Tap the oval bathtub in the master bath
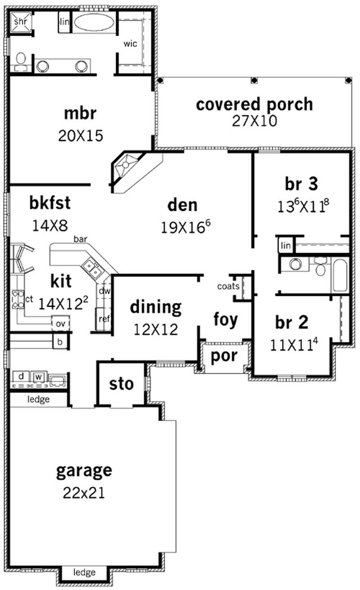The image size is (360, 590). click(x=94, y=22)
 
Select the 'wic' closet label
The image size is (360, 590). click(x=130, y=43)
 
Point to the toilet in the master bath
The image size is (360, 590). click(x=21, y=61)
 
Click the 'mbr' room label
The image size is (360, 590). click(x=80, y=113)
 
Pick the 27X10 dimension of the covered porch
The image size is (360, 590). click(x=254, y=121)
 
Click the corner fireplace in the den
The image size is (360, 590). click(x=126, y=165)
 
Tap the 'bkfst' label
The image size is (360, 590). click(x=50, y=203)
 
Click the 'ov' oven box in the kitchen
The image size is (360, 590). click(x=61, y=323)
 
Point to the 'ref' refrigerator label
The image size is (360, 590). click(x=104, y=319)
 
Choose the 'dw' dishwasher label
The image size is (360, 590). click(x=104, y=291)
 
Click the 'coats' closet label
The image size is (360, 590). click(x=228, y=286)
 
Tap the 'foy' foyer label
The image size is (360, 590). click(x=225, y=320)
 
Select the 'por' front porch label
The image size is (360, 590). click(x=224, y=356)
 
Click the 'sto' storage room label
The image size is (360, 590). click(x=121, y=384)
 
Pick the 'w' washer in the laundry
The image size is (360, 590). click(x=39, y=377)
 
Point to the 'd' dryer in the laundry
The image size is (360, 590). click(x=21, y=377)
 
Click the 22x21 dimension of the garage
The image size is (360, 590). click(x=84, y=493)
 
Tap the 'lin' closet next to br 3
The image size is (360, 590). click(x=286, y=245)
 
